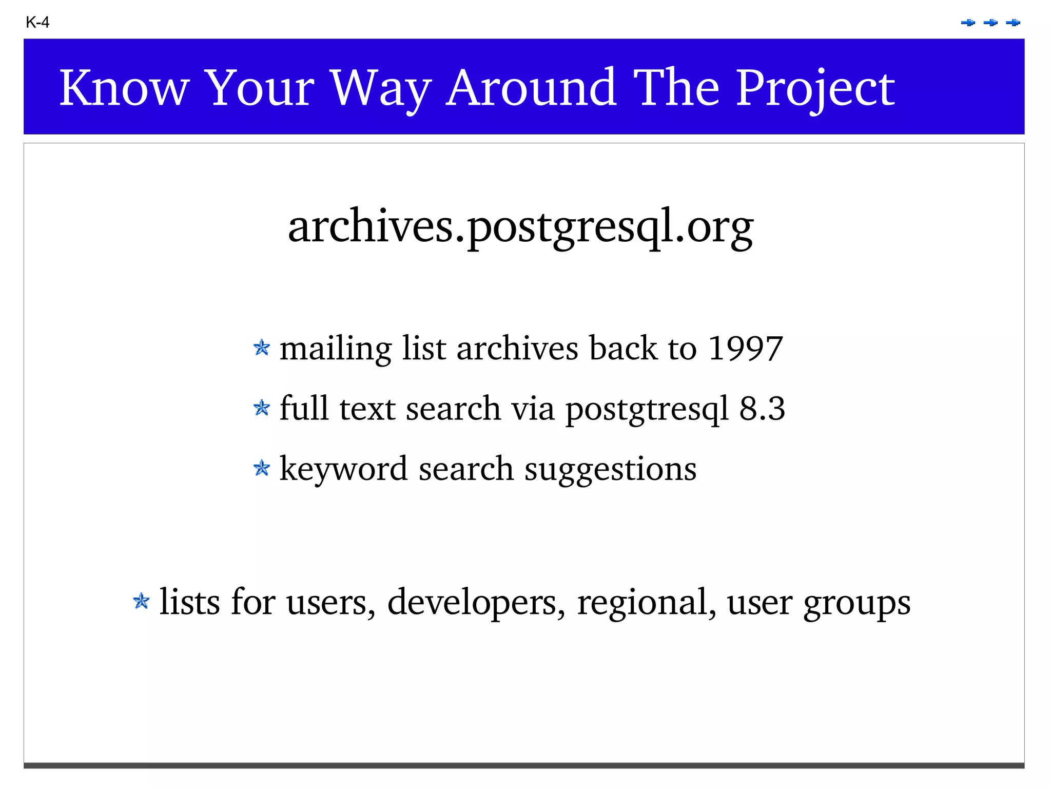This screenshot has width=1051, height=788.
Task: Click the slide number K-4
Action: [x=37, y=23]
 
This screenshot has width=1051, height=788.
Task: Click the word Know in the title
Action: [x=124, y=88]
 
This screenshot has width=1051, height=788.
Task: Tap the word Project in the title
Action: [x=815, y=89]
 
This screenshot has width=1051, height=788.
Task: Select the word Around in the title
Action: [x=531, y=88]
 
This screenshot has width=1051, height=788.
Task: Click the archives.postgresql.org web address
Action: [x=520, y=226]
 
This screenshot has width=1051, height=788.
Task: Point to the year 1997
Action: [x=745, y=349]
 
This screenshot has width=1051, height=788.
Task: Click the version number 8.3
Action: [x=762, y=409]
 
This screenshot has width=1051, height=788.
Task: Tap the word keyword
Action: [x=343, y=469]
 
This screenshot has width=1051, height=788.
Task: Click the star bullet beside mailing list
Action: [x=262, y=348]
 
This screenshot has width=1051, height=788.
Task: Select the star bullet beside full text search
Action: [x=262, y=408]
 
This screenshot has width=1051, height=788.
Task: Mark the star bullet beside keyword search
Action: [x=262, y=468]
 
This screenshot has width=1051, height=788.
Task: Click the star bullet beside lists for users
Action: [x=141, y=601]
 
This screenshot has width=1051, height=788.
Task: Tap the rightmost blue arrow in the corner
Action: [x=1013, y=23]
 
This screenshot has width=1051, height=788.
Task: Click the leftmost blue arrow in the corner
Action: [x=968, y=23]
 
